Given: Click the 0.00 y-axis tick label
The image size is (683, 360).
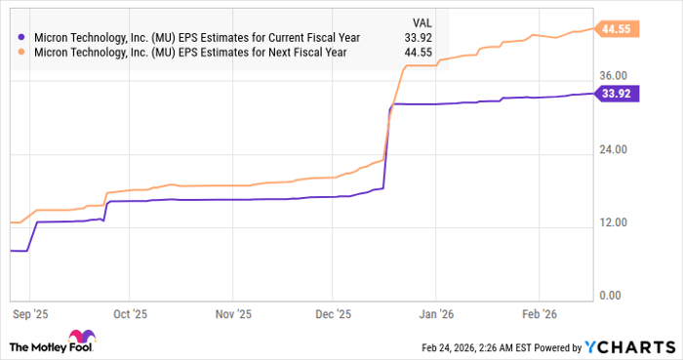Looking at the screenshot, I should click(612, 296).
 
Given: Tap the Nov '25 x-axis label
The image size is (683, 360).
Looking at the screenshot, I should click(231, 315).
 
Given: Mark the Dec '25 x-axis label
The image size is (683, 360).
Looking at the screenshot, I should click(333, 315).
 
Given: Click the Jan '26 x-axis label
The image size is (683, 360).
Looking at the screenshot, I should click(435, 315).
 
